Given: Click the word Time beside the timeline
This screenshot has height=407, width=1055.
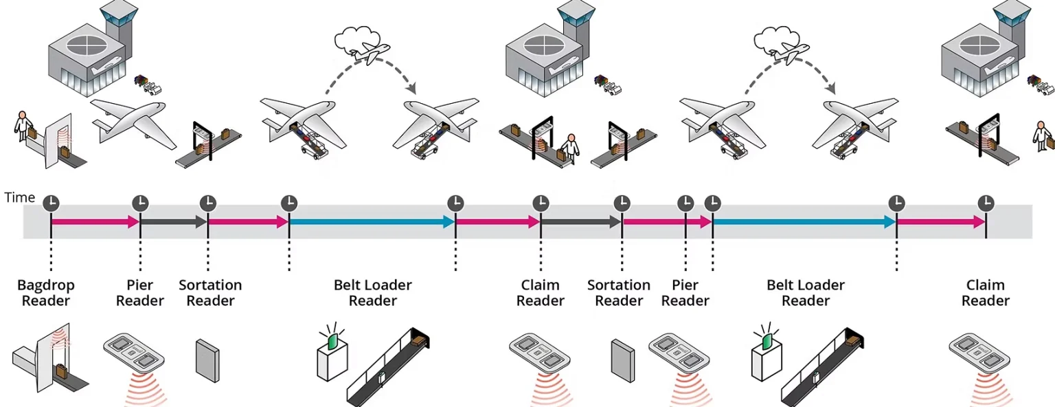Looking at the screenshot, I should pos(20,198).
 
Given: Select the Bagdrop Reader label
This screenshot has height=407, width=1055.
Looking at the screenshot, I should pos(46,293).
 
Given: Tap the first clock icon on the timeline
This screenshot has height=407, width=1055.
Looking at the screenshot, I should pos(52,203).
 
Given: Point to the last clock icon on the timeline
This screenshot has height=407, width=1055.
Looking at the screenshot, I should pos(986,203).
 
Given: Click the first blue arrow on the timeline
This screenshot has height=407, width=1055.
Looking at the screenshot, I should pos(372,221).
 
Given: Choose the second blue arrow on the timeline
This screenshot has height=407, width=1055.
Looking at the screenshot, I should pos(804,221).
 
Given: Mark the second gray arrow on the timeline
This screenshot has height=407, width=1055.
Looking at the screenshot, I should pos(581,221).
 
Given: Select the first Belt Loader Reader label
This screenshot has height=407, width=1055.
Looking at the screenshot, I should pos(373,293).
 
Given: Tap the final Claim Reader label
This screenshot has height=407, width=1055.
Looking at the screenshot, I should pos(986,293).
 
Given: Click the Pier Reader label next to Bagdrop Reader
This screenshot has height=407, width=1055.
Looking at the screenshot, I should pos(140,293).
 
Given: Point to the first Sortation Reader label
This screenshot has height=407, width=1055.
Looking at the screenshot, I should pos(210,293).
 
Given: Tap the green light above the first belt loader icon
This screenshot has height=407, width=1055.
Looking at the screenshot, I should pos(332,340).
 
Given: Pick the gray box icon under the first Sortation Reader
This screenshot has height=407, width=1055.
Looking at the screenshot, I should pos(207,358).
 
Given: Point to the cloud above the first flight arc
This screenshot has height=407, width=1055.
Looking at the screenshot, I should pos(352,42).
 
